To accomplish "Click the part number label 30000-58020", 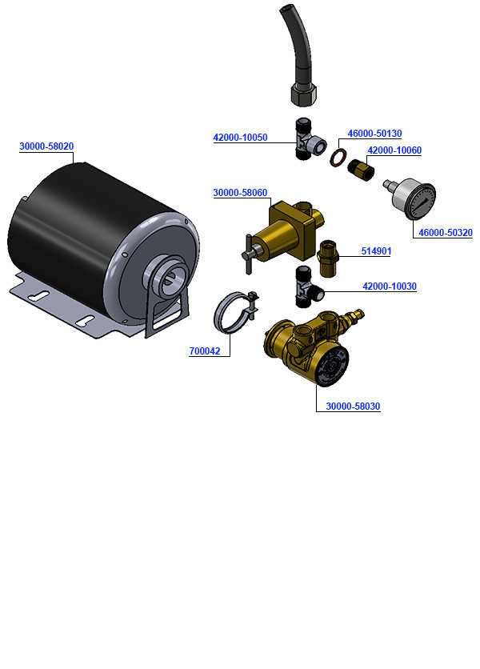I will [x=46, y=146].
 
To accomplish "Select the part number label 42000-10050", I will [x=240, y=138].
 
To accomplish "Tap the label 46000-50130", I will [x=374, y=134].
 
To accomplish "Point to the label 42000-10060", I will [x=394, y=150].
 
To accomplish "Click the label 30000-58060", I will [x=240, y=193].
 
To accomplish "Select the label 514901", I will [x=376, y=251].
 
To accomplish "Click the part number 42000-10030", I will [x=390, y=286].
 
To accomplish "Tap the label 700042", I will [x=206, y=351].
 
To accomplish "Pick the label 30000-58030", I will [x=353, y=407].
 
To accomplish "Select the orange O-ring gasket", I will [x=339, y=156].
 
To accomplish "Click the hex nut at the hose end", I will [x=303, y=94].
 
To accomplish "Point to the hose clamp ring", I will [x=233, y=313].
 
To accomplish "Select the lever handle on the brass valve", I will [x=249, y=253].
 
